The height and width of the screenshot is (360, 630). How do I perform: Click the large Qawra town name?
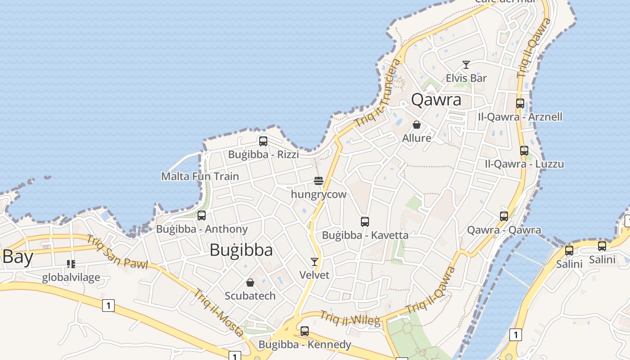click(436, 99)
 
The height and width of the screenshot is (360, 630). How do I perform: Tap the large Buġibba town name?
click(241, 250)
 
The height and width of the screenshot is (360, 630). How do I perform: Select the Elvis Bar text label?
click(466, 78)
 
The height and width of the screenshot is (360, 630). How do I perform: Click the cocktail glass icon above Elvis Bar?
click(466, 65)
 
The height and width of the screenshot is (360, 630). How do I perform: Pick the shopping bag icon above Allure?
click(417, 125)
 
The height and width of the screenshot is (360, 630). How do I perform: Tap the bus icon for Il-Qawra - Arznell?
click(520, 103)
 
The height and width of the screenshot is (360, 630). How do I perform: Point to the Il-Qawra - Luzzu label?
click(524, 164)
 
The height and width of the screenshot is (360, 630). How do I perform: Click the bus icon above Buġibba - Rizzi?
click(263, 141)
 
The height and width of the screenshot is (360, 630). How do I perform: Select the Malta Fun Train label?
click(200, 176)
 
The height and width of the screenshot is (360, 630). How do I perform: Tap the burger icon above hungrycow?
click(319, 181)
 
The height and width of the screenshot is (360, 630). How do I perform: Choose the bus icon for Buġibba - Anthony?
click(202, 216)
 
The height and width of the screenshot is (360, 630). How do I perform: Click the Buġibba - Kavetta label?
click(365, 235)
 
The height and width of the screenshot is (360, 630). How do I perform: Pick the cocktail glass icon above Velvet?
click(315, 261)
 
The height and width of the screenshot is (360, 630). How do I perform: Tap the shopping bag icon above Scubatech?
click(250, 283)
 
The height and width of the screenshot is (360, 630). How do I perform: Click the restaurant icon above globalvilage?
click(71, 264)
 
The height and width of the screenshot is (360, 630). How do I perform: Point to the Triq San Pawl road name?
click(117, 252)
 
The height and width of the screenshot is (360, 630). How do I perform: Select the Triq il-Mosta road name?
click(219, 313)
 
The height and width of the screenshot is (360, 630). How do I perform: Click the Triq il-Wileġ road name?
click(350, 319)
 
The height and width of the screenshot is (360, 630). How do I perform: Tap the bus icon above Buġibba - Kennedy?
click(305, 331)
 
